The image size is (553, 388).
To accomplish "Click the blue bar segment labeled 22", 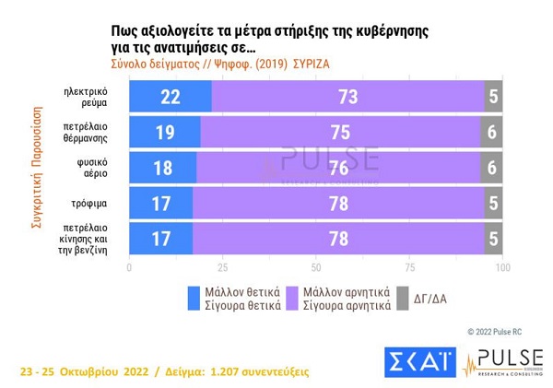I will [171, 97].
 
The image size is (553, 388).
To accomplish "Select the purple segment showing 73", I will [347, 97].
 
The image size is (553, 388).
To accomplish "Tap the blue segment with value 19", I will [164, 132].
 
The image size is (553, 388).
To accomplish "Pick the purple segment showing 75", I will [340, 132].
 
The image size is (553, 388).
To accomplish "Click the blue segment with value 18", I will [162, 167].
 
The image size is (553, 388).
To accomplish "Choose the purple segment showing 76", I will [338, 167].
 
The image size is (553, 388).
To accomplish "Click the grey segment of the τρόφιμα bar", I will [493, 202].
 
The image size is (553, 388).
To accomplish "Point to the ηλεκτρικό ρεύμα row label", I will [87, 97].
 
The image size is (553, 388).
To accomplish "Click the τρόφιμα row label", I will [91, 202].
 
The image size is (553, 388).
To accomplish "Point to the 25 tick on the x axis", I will [222, 267].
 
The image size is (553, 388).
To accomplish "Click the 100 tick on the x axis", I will [502, 267].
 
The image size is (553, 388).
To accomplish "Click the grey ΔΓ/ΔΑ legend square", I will [402, 298].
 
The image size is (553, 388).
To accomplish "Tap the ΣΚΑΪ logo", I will [419, 361].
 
